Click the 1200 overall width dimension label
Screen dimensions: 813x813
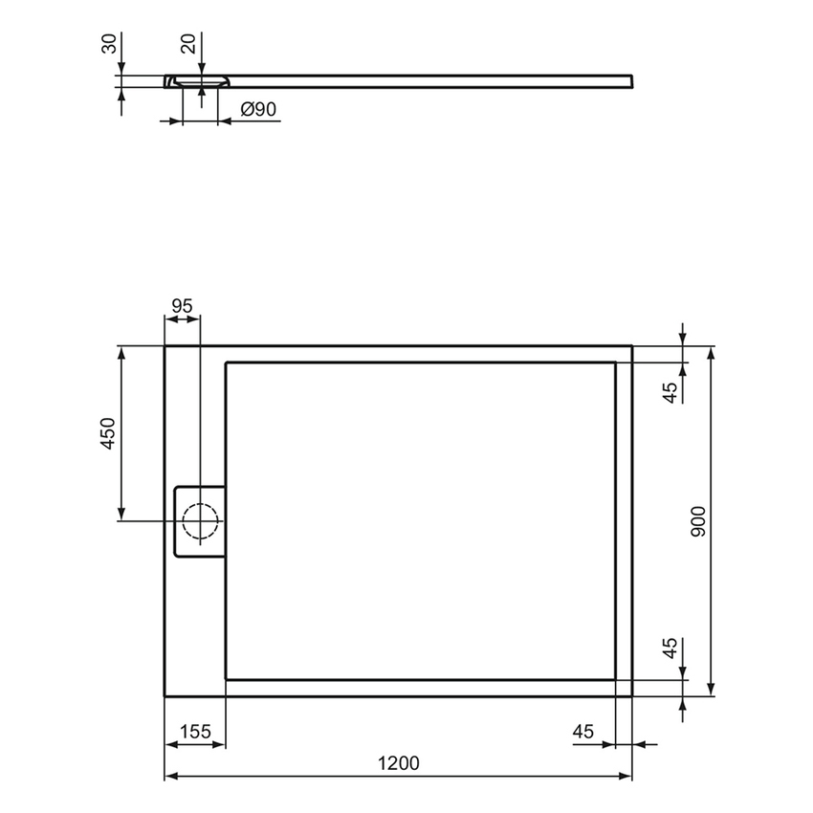click(x=399, y=762)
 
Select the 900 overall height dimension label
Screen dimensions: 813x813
click(x=698, y=520)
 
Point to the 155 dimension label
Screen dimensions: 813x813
click(x=195, y=732)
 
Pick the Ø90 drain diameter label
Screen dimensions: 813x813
click(x=253, y=110)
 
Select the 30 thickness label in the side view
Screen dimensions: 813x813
click(x=108, y=44)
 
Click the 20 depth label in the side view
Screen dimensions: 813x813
click(x=188, y=44)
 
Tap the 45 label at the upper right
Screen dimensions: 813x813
click(x=670, y=391)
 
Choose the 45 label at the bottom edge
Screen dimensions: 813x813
click(x=583, y=732)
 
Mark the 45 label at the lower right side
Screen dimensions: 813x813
click(x=670, y=648)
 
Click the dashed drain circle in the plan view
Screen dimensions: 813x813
click(x=200, y=521)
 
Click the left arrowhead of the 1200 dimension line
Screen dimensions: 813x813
click(x=171, y=776)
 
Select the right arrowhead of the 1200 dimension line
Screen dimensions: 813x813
click(x=626, y=776)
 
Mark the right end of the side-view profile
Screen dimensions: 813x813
click(x=630, y=79)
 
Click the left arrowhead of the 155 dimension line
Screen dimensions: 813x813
click(x=171, y=744)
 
